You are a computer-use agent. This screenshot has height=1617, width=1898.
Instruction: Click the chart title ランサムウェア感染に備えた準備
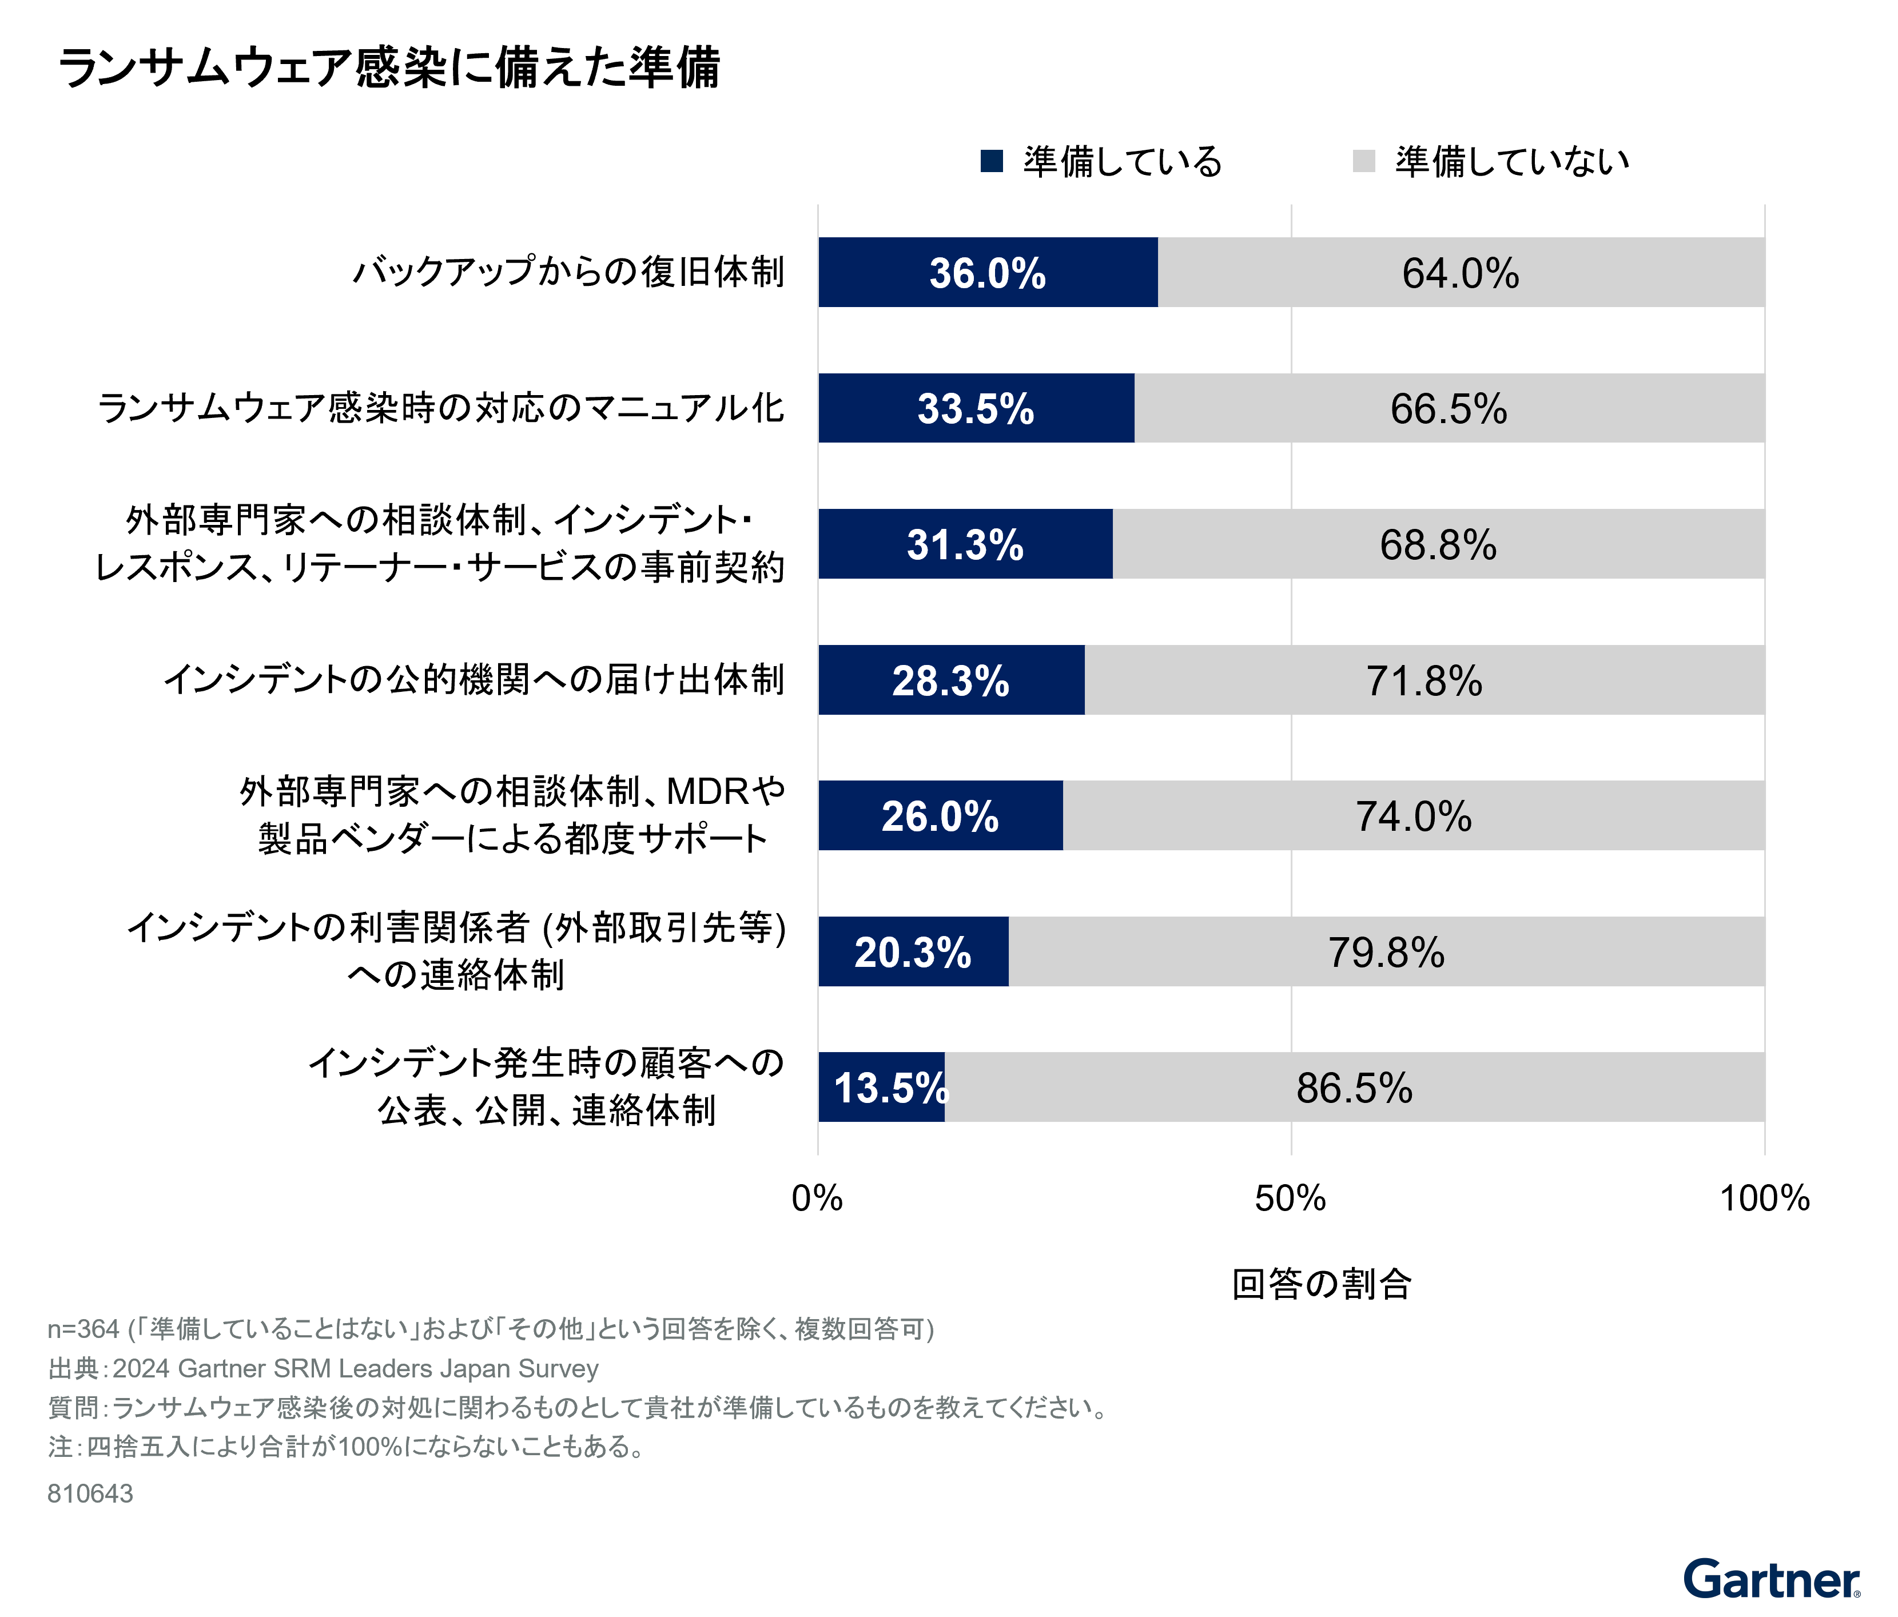[389, 69]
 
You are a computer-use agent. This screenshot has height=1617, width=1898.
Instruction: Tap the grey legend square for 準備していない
[1363, 161]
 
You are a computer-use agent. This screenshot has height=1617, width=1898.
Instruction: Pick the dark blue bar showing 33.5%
[976, 409]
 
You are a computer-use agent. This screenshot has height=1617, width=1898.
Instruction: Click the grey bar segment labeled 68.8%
[1438, 544]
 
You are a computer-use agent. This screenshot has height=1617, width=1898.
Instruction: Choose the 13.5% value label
[889, 1088]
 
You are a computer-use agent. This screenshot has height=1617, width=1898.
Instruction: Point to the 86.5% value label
[1354, 1088]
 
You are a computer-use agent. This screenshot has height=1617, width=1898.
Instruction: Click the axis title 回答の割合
[1321, 1284]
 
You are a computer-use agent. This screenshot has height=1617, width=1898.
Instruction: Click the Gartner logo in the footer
[1770, 1579]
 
